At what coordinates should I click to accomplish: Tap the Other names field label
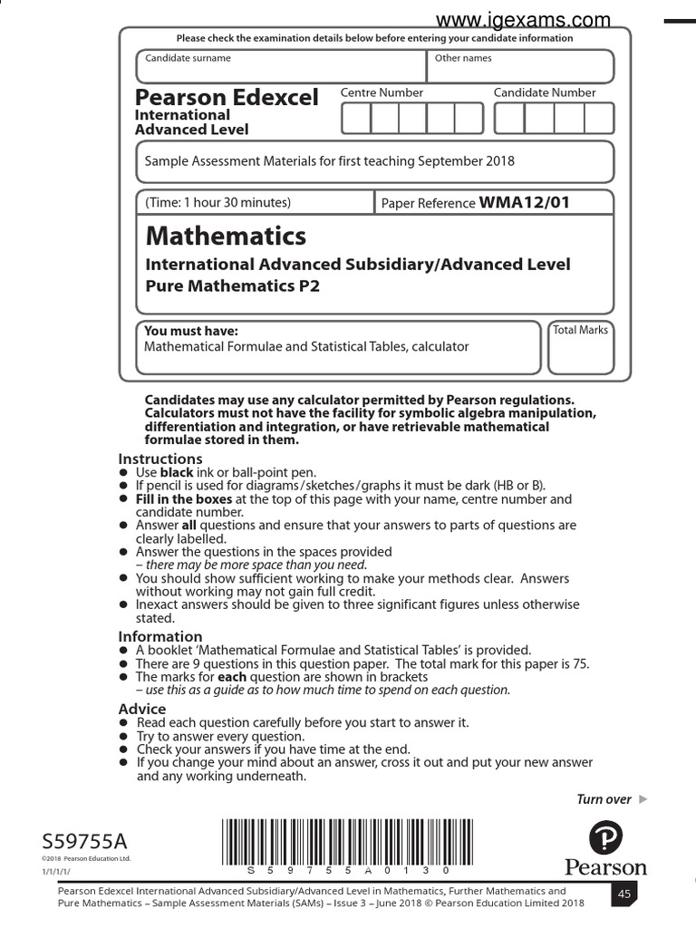point(463,58)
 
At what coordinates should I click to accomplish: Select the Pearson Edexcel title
point(227,98)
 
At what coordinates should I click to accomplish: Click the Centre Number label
point(382,92)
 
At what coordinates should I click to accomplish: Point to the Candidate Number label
point(545,92)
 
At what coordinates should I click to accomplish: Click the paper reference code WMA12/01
point(525,202)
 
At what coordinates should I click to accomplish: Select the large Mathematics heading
point(226,237)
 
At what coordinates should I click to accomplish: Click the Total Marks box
point(580,347)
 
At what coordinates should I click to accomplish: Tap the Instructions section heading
point(160,459)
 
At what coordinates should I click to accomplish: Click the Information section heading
point(160,636)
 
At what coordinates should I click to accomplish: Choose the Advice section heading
point(142,709)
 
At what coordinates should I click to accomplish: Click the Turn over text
point(604,799)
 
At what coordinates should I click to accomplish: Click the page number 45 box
point(624,894)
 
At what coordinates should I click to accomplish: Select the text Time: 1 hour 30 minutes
point(217,202)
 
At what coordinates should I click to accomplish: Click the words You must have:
point(191,331)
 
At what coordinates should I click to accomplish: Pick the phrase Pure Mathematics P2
point(233,286)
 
